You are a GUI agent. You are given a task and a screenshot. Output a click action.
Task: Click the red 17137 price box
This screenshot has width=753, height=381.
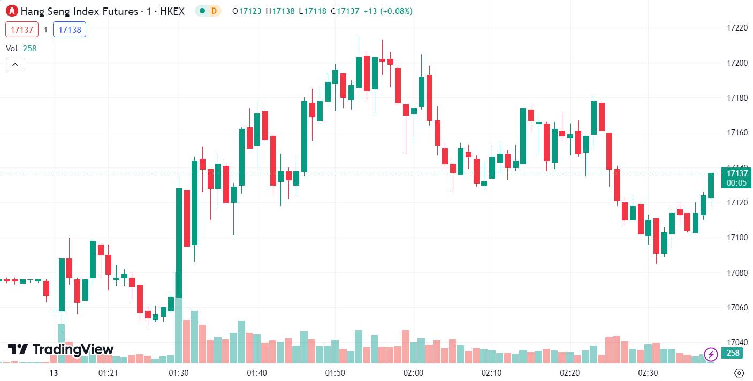click(22, 29)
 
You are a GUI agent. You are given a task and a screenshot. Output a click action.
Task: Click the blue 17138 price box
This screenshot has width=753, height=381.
click(70, 29)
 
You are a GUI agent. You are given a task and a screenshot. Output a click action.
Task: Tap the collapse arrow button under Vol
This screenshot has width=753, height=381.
click(16, 65)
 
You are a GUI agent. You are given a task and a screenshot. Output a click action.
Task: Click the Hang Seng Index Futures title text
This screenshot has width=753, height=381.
click(79, 11)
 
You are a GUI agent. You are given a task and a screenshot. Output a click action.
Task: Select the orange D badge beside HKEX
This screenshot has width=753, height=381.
click(214, 11)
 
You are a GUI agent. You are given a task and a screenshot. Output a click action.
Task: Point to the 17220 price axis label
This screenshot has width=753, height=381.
click(737, 28)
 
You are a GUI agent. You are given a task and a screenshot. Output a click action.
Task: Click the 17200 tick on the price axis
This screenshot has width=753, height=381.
click(737, 63)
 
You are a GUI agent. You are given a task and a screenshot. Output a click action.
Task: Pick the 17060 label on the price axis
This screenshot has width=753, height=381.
click(737, 307)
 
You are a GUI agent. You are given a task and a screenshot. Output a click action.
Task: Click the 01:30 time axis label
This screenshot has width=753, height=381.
click(179, 373)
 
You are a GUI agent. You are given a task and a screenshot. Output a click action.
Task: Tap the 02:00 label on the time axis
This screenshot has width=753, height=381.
click(413, 373)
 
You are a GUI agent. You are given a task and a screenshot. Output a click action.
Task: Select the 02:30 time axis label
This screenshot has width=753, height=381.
click(648, 373)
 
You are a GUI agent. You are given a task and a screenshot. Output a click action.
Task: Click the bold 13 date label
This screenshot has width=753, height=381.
click(54, 373)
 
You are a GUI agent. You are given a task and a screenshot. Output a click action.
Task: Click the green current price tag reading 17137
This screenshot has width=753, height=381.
click(736, 178)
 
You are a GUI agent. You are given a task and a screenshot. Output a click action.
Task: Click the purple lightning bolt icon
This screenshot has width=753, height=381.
click(711, 354)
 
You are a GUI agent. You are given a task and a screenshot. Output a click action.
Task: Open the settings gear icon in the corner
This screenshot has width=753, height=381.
click(739, 373)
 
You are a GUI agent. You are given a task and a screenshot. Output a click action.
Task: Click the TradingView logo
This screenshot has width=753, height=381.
click(60, 349)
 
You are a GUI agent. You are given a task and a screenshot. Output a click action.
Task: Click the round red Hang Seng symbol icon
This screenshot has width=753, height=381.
click(12, 11)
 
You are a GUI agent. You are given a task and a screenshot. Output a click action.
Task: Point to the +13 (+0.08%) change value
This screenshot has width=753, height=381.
click(388, 11)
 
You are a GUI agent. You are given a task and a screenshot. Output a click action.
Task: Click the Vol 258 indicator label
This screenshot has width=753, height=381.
click(21, 49)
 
